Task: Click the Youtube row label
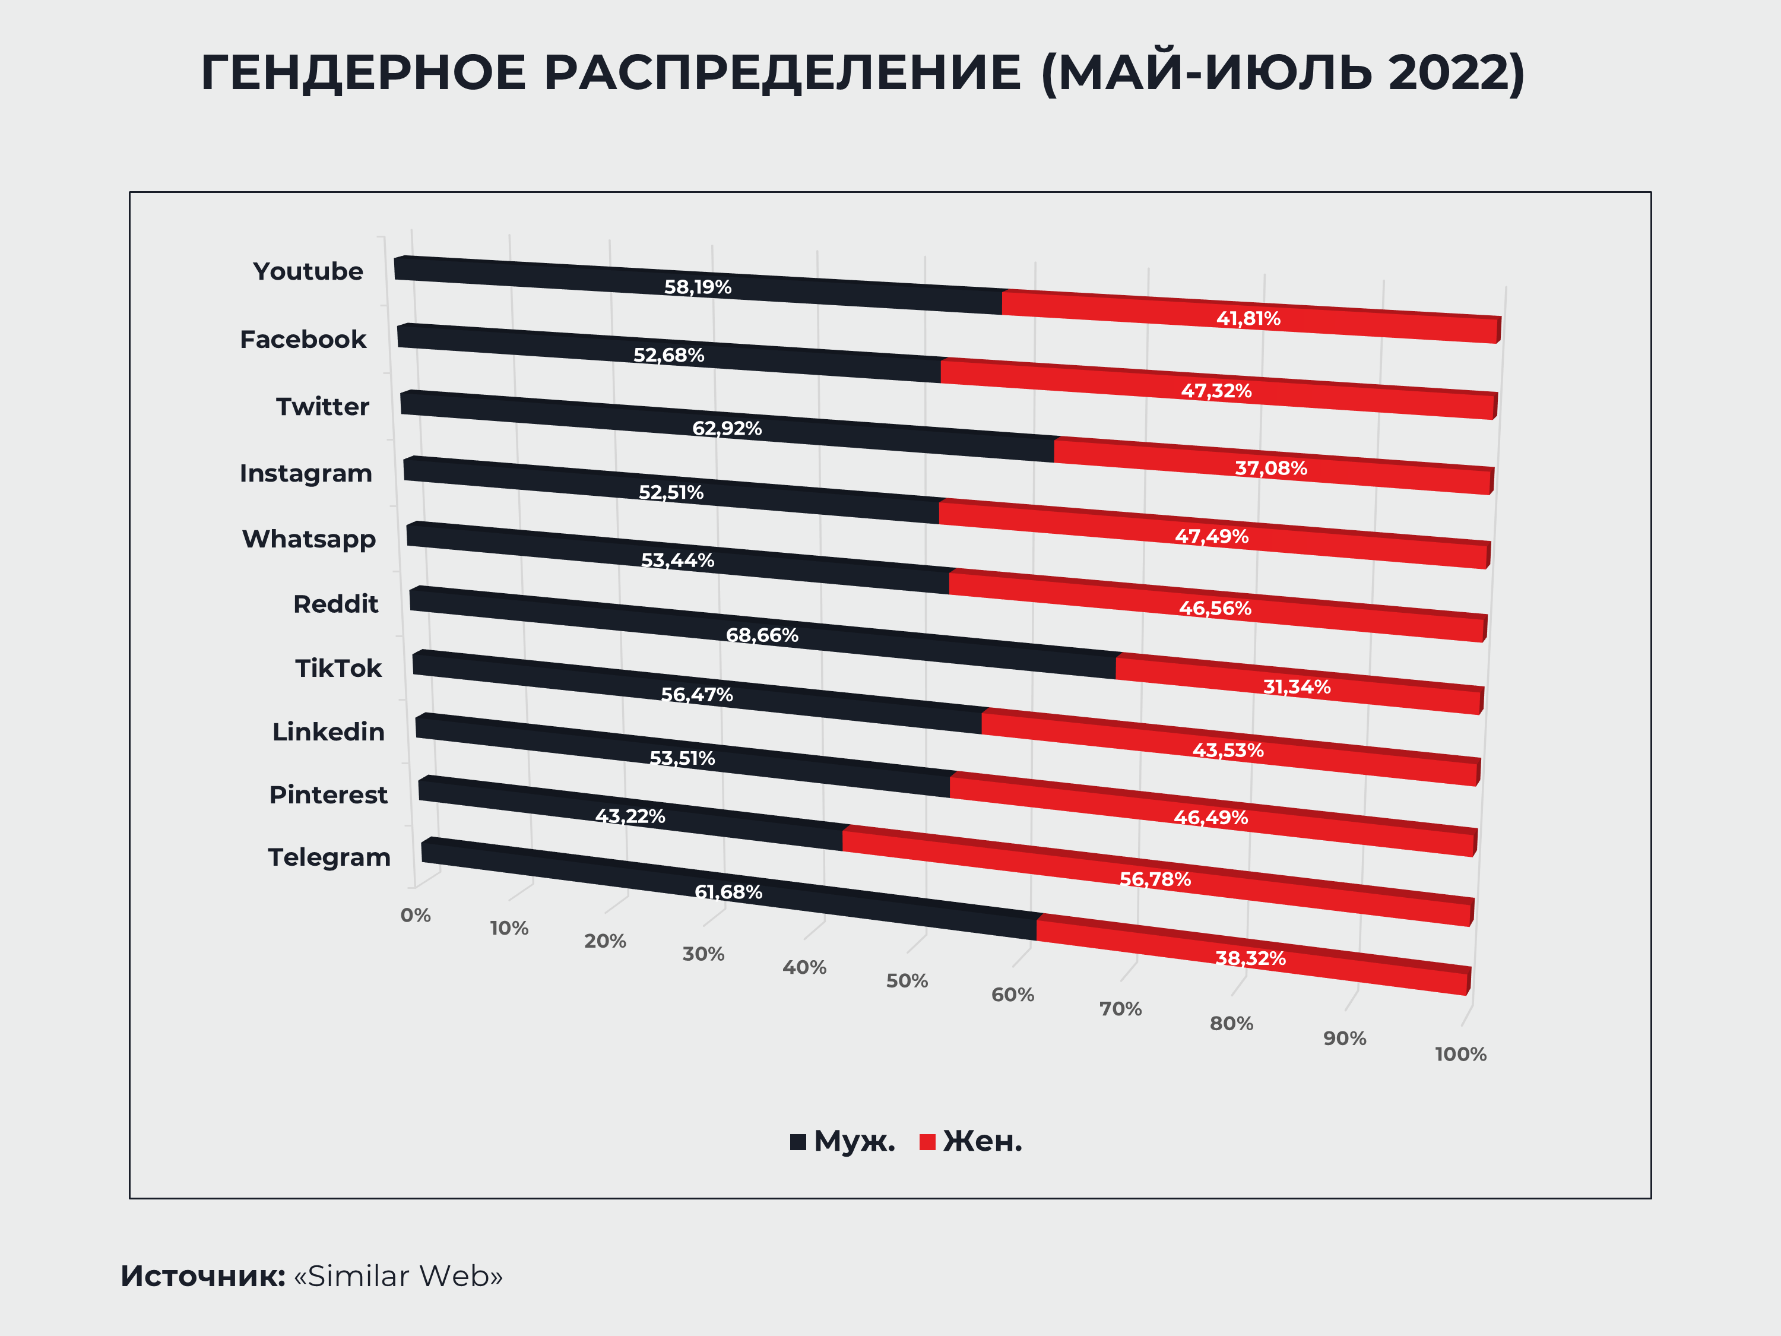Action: [x=308, y=271]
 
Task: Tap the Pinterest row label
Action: [x=328, y=795]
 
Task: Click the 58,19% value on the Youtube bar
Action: [x=698, y=287]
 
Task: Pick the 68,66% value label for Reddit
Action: [x=762, y=635]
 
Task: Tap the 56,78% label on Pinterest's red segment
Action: [x=1155, y=879]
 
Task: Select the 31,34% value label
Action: [x=1297, y=687]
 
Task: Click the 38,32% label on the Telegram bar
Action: [x=1250, y=958]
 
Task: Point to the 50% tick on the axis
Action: [x=907, y=981]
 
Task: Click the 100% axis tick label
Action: [x=1460, y=1054]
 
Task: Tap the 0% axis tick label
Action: [x=416, y=916]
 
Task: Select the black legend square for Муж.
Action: [x=798, y=1142]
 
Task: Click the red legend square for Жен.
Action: [x=927, y=1142]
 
